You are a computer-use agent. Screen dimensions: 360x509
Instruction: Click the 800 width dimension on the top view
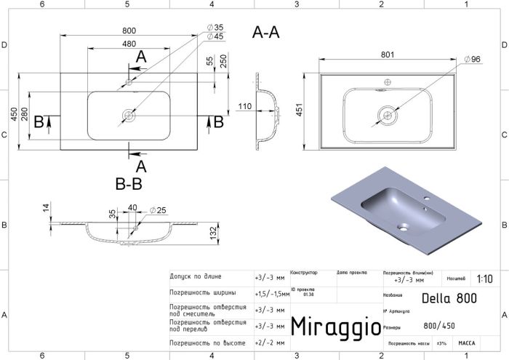click(129, 31)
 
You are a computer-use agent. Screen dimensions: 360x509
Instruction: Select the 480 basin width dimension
click(129, 44)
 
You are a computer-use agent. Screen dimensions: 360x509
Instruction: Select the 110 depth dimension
click(244, 107)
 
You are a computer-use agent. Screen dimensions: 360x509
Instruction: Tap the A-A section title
click(265, 32)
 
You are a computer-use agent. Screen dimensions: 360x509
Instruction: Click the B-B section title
click(128, 184)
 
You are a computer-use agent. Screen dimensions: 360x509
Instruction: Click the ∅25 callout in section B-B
click(158, 211)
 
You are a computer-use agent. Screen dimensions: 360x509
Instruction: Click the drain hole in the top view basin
click(129, 114)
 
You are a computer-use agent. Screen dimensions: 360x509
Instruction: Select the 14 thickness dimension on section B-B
click(45, 208)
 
